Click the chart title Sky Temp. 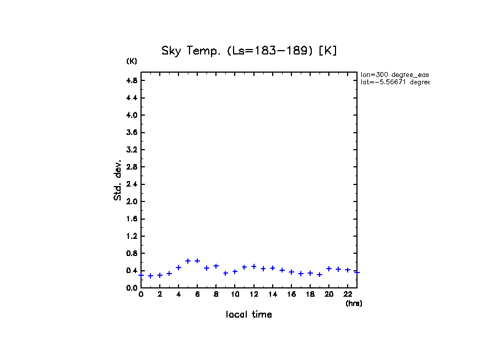pyautogui.click(x=249, y=51)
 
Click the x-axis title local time pyautogui.click(x=248, y=314)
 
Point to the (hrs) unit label pyautogui.click(x=354, y=303)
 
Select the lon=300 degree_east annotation pyautogui.click(x=394, y=74)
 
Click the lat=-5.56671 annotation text pyautogui.click(x=394, y=82)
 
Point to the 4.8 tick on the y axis pyautogui.click(x=131, y=80)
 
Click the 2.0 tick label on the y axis pyautogui.click(x=131, y=201)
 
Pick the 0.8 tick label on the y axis pyautogui.click(x=131, y=253)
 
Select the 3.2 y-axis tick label pyautogui.click(x=131, y=150)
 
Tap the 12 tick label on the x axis pyautogui.click(x=253, y=294)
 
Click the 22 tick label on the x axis pyautogui.click(x=348, y=294)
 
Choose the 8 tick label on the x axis pyautogui.click(x=216, y=294)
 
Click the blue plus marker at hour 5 pyautogui.click(x=188, y=261)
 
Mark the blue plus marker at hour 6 pyautogui.click(x=197, y=261)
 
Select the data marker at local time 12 pyautogui.click(x=254, y=266)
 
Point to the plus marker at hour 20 pyautogui.click(x=329, y=269)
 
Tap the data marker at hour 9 pyautogui.click(x=225, y=273)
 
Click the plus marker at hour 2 pyautogui.click(x=160, y=275)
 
